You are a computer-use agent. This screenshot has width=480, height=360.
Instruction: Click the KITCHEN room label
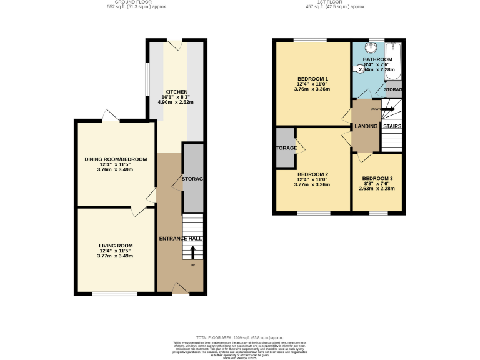[x=176, y=92]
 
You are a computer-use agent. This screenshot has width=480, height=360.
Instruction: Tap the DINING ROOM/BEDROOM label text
[x=116, y=159]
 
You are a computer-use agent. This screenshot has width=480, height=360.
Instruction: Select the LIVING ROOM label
[x=116, y=246]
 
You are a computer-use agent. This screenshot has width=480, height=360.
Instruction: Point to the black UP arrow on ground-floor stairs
[x=192, y=252]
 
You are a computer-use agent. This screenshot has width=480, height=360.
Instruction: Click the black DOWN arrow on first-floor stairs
[x=388, y=109]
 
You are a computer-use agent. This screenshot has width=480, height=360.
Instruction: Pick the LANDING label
[x=366, y=126]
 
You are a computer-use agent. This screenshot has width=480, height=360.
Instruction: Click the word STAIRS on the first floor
[x=392, y=126]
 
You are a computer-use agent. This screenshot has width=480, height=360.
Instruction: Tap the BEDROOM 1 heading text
[x=313, y=79]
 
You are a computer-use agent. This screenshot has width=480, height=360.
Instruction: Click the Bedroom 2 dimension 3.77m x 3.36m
[x=313, y=184]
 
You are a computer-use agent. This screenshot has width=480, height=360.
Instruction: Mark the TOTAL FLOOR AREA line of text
[x=240, y=337]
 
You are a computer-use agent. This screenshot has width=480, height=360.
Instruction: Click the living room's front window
[x=115, y=292]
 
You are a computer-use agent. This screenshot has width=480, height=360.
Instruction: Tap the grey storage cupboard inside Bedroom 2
[x=286, y=148]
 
